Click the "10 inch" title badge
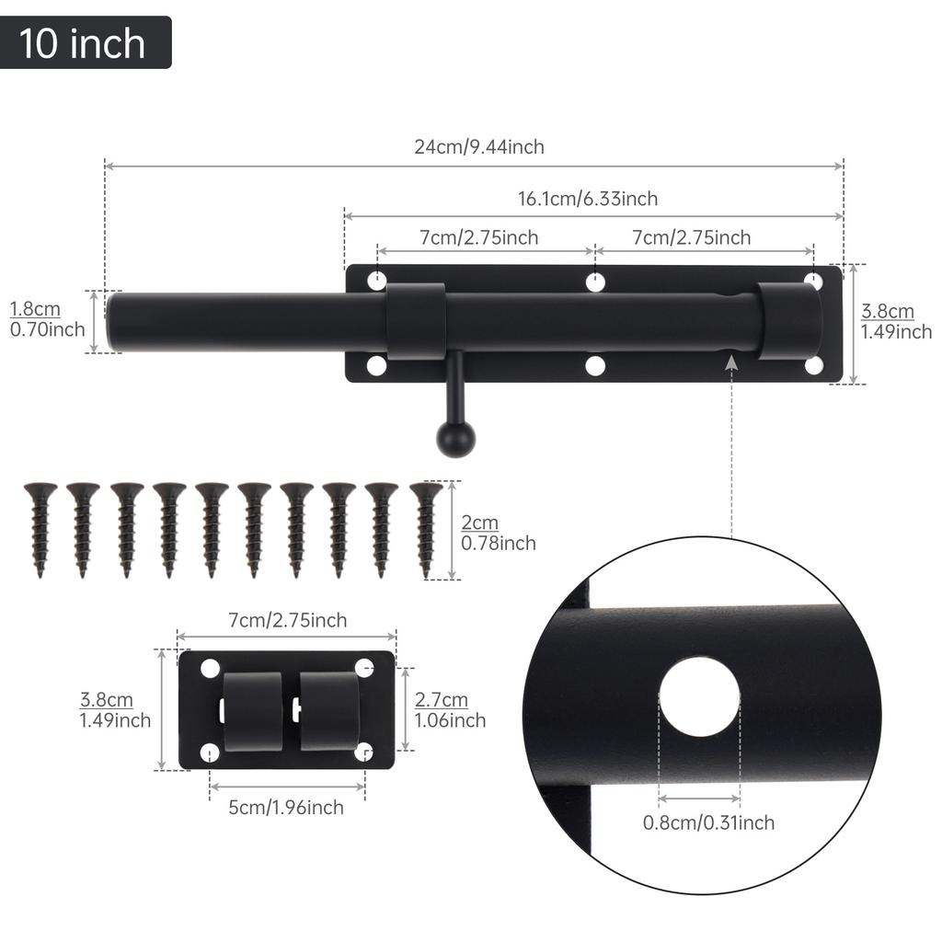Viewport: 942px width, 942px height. pos(86,42)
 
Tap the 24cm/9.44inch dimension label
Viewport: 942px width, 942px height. pos(478,146)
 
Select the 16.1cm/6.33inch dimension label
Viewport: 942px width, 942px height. pos(588,199)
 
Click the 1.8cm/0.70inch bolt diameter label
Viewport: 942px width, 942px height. pos(47,319)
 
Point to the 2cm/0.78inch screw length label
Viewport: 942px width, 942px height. pos(498,533)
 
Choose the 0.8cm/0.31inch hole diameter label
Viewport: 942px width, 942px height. pos(708,822)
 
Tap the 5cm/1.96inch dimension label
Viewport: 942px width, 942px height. pos(285,808)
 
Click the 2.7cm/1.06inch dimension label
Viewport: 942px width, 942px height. pos(450,710)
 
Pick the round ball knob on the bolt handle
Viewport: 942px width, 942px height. pos(455,439)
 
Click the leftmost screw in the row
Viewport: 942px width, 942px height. pos(40,530)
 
